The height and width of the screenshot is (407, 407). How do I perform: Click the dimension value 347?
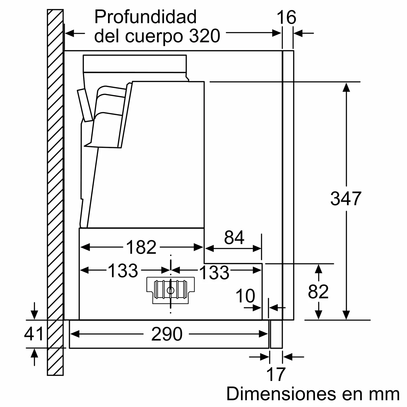tap(346, 199)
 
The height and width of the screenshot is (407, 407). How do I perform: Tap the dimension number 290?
tap(167, 334)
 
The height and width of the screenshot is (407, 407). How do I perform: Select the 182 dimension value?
tap(141, 247)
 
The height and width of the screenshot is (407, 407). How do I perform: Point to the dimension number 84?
tap(234, 237)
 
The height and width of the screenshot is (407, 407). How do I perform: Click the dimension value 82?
tap(318, 291)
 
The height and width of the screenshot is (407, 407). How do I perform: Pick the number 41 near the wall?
tap(34, 333)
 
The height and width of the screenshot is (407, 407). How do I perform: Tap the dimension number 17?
tap(276, 374)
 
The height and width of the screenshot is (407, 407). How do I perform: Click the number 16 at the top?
tap(286, 17)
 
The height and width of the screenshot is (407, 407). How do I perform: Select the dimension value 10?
tap(245, 296)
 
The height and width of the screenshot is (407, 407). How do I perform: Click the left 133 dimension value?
tap(123, 271)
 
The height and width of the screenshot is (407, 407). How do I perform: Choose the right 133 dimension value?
tap(214, 272)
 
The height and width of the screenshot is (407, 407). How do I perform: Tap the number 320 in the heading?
tap(205, 36)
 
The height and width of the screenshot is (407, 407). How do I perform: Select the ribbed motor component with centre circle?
tap(170, 290)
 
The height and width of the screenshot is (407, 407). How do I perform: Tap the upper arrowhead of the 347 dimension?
tap(346, 87)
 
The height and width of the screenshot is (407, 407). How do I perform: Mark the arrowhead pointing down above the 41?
tap(34, 315)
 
